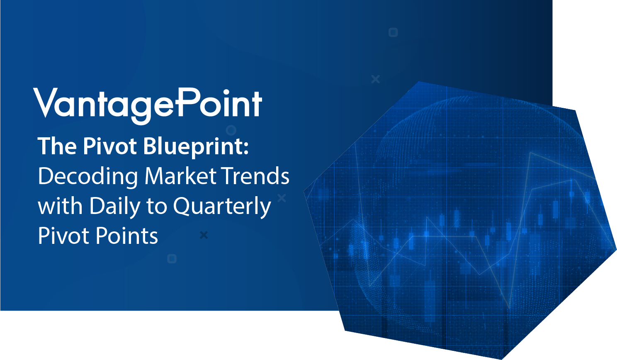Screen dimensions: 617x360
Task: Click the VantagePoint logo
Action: [x=148, y=106]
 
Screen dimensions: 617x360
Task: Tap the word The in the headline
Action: [x=57, y=146]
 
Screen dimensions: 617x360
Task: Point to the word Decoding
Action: [x=88, y=177]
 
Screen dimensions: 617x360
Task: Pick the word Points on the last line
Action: [x=127, y=236]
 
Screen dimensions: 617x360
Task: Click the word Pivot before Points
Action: [x=64, y=236]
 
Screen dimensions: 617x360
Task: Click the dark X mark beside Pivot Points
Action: [x=204, y=235]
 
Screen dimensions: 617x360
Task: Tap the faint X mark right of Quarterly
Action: [x=282, y=198]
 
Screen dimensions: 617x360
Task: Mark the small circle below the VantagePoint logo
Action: [x=231, y=130]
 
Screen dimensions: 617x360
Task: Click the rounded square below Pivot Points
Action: [x=172, y=259]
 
